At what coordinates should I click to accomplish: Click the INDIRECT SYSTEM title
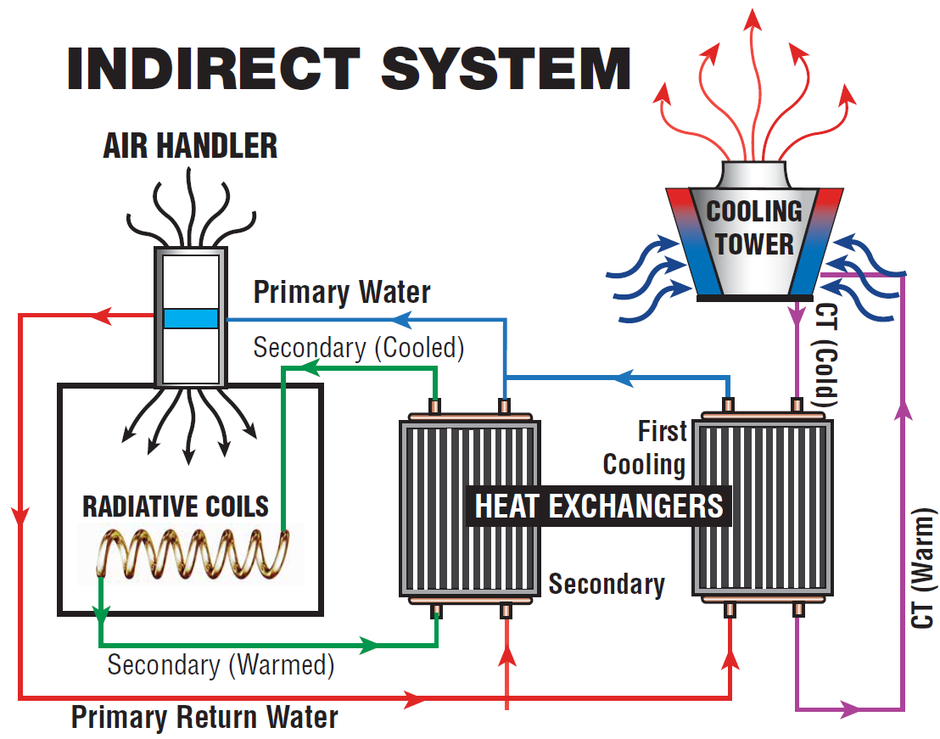[x=349, y=69]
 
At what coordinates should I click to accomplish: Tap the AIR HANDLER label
[x=190, y=146]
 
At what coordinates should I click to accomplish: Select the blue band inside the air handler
[x=191, y=318]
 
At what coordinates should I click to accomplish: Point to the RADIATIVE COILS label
[x=175, y=507]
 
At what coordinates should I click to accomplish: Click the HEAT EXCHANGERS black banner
[x=599, y=506]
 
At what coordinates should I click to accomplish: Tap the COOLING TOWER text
[x=754, y=227]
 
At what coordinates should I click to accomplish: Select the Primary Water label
[x=342, y=293]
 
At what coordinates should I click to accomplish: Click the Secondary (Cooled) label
[x=359, y=348]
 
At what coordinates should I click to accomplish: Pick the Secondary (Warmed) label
[x=221, y=664]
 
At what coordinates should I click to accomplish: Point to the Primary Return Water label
[x=204, y=717]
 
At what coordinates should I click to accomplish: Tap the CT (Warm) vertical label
[x=923, y=568]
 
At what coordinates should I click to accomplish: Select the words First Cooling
[x=645, y=448]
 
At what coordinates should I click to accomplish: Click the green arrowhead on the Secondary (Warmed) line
[x=369, y=646]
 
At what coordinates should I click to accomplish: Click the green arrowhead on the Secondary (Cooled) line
[x=311, y=368]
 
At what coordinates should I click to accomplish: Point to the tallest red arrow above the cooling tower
[x=753, y=84]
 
